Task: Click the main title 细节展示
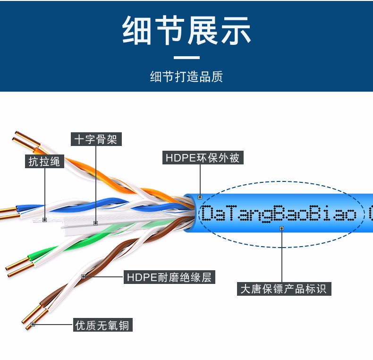tap(186, 31)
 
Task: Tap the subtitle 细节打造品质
tap(186, 77)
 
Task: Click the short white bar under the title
tap(186, 58)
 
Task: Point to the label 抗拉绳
tap(44, 161)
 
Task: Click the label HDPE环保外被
tap(203, 157)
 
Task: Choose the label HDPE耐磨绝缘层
tap(170, 277)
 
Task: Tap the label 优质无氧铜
tap(102, 325)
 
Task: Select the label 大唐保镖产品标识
tap(283, 288)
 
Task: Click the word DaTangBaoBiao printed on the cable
tap(279, 214)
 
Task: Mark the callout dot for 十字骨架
tap(96, 223)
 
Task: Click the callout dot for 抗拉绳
tap(45, 220)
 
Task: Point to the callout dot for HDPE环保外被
tap(200, 197)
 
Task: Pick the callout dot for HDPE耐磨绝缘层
tap(84, 276)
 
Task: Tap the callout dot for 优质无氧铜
tap(33, 324)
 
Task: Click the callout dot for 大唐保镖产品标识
tap(281, 228)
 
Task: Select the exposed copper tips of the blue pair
tap(8, 213)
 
